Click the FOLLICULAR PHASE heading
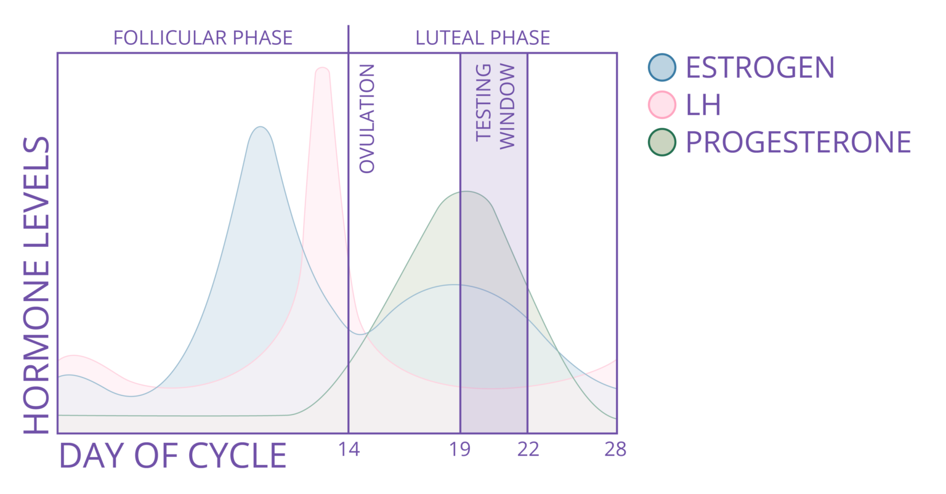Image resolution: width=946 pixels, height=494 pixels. click(x=203, y=38)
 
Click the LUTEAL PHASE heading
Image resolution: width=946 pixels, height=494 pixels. click(x=482, y=38)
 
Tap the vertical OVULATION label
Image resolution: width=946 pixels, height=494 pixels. click(x=366, y=118)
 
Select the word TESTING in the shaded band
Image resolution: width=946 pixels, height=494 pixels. click(x=484, y=102)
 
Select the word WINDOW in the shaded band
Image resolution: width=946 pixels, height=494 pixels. click(x=506, y=106)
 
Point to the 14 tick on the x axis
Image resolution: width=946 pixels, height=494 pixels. click(x=349, y=450)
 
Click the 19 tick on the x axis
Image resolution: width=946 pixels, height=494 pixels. click(x=460, y=450)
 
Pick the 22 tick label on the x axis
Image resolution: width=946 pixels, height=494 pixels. click(x=528, y=450)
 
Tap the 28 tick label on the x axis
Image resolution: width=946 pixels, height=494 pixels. click(x=615, y=450)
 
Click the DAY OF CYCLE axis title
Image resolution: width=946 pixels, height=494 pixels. click(x=173, y=456)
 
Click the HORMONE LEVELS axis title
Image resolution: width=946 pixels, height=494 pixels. click(x=37, y=285)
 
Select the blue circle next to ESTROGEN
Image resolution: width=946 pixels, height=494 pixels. click(x=662, y=67)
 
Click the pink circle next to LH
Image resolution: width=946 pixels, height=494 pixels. click(x=662, y=105)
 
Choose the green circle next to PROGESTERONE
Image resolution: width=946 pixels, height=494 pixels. click(x=662, y=142)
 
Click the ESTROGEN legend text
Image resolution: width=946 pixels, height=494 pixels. click(x=760, y=67)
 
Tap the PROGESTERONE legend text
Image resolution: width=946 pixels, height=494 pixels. click(x=798, y=142)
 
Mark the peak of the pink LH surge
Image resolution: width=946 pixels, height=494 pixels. click(x=322, y=68)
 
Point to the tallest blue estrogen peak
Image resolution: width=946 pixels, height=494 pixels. click(x=261, y=128)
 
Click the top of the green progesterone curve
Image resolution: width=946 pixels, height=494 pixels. click(x=466, y=192)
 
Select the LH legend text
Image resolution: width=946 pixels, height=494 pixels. click(x=703, y=105)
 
